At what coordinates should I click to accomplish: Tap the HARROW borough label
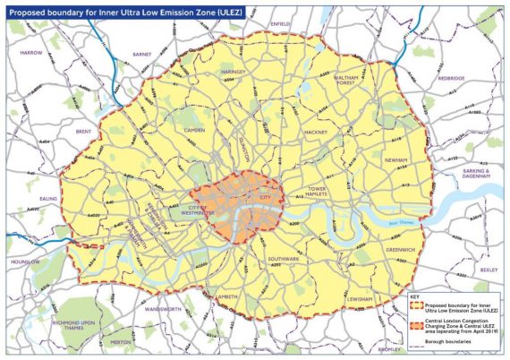click(31, 53)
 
